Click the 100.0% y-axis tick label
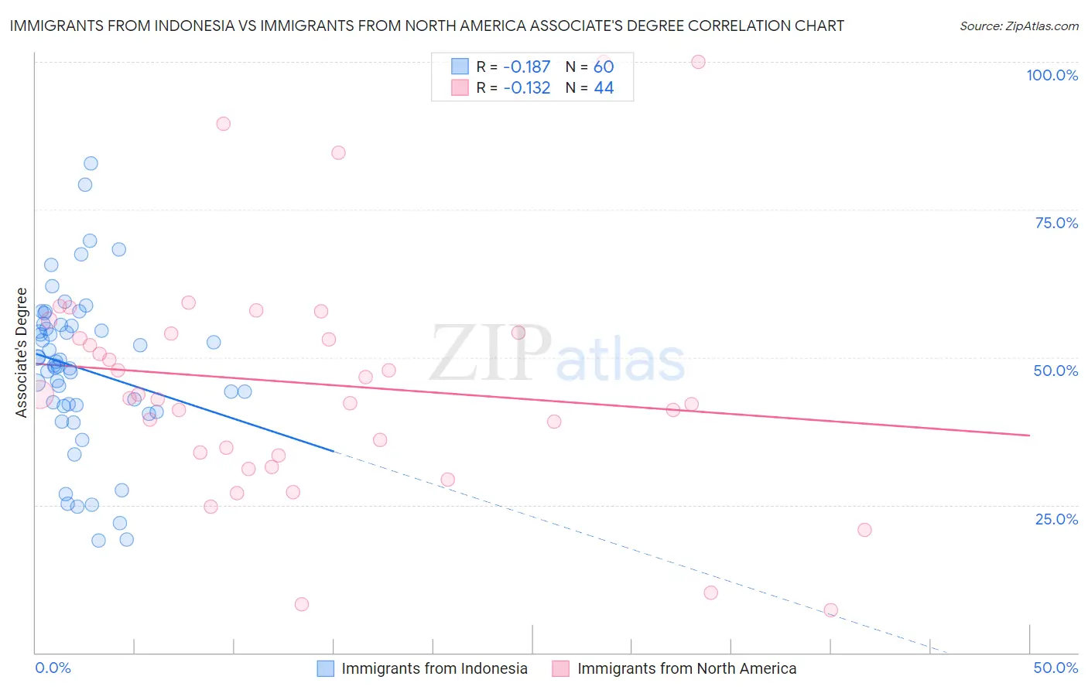tap(1052, 75)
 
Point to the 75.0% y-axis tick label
tap(1056, 223)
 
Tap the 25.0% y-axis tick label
tap(1056, 518)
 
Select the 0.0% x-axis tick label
tap(53, 668)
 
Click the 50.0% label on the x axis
tap(1055, 668)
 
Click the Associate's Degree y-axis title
tap(22, 353)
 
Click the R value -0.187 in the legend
tap(526, 67)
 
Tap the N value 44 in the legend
tap(604, 88)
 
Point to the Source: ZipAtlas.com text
tap(1018, 26)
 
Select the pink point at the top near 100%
tap(698, 62)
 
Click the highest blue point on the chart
tap(91, 163)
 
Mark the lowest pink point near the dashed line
tap(830, 610)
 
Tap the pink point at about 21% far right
tap(864, 530)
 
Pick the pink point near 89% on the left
tap(224, 124)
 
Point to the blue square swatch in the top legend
tap(460, 67)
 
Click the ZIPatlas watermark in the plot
tap(557, 354)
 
